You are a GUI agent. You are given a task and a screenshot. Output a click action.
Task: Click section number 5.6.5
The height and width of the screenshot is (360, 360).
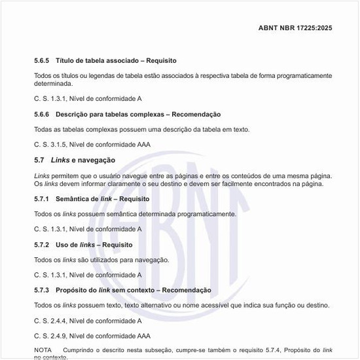[x=43, y=60]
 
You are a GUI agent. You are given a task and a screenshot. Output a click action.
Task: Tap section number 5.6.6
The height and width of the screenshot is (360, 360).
[x=43, y=115]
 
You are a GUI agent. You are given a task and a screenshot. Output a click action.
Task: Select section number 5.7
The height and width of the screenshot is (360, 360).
[x=39, y=160]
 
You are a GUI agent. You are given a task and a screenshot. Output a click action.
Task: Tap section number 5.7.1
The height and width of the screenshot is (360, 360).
[x=43, y=199]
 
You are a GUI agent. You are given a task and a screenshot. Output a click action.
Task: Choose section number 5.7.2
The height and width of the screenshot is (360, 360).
[x=43, y=245]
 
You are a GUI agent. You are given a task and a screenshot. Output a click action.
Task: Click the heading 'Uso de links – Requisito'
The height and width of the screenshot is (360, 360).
[x=94, y=245]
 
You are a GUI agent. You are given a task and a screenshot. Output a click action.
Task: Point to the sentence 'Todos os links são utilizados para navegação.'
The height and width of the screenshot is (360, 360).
[x=101, y=260]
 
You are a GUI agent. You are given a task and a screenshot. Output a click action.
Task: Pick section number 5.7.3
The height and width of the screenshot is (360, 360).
[x=43, y=290]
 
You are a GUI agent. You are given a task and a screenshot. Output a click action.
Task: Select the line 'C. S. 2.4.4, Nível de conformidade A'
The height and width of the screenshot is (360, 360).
[x=88, y=321]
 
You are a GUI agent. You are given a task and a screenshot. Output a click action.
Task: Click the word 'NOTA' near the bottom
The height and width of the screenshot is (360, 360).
[x=43, y=351]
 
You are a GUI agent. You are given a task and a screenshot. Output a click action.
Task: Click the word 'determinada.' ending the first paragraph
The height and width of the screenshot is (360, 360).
[x=53, y=84]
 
